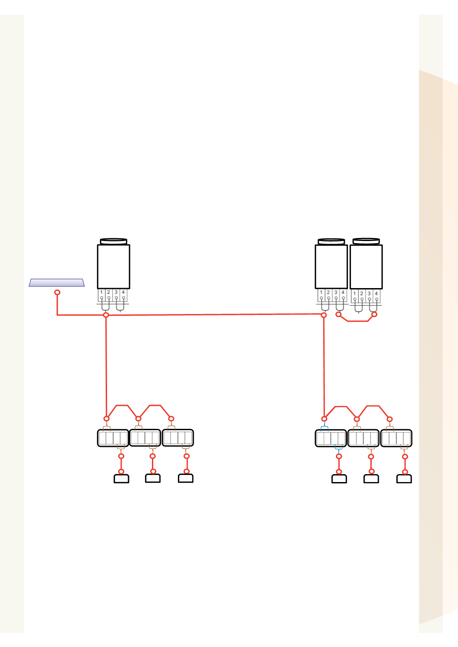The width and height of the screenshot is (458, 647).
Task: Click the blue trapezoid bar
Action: [57, 282]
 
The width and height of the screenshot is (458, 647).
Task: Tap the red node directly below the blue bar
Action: [57, 292]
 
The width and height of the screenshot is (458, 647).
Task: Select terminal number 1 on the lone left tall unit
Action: [101, 292]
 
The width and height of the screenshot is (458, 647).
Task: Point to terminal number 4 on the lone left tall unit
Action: [123, 292]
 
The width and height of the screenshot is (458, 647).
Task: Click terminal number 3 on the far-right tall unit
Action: [369, 293]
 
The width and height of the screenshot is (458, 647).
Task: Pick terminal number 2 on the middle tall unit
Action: [328, 292]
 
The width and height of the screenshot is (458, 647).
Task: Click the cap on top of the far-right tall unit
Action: [366, 241]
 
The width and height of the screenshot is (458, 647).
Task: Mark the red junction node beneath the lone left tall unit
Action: [106, 315]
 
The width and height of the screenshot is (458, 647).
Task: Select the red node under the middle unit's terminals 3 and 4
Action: [339, 314]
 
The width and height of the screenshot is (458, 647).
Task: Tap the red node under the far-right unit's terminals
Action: [374, 314]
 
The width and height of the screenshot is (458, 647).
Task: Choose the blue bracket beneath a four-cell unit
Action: [339, 449]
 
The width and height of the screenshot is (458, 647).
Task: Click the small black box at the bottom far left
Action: [122, 479]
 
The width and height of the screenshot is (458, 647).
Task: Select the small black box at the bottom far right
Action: [404, 479]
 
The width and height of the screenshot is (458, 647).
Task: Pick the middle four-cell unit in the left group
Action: [145, 438]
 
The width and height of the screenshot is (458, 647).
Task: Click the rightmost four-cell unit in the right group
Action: [396, 438]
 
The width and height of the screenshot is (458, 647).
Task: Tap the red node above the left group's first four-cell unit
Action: [107, 419]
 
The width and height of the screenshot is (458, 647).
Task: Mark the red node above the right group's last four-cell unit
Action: [389, 419]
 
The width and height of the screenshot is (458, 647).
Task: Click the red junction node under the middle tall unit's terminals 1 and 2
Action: [324, 315]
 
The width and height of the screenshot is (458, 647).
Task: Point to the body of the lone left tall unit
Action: [114, 267]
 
